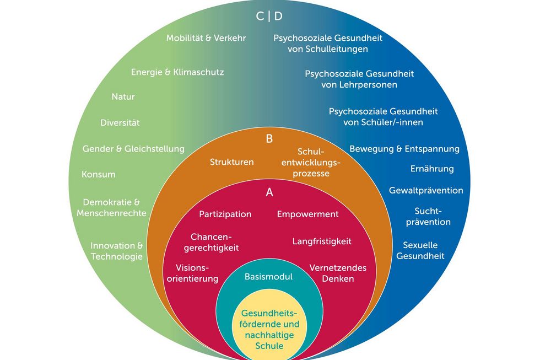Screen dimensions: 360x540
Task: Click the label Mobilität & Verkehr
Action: [206, 38]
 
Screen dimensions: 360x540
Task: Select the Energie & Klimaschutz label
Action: [177, 72]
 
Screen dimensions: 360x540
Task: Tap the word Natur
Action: [123, 96]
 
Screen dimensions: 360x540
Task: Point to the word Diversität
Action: [120, 122]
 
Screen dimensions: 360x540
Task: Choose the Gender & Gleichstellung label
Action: [133, 149]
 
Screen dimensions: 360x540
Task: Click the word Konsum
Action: [98, 174]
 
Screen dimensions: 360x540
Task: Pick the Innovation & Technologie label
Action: [117, 251]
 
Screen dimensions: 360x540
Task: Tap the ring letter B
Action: [269, 139]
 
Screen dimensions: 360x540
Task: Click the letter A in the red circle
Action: [269, 192]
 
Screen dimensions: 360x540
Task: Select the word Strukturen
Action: [231, 162]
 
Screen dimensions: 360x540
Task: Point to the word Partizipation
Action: [225, 214]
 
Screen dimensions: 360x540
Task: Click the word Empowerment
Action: [307, 214]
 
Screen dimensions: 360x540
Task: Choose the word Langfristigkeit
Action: [322, 241]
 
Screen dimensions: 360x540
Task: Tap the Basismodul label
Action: [268, 276]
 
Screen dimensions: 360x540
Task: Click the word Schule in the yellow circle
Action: [269, 346]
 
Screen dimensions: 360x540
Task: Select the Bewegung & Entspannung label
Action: [404, 149]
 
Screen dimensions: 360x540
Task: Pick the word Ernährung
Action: [432, 169]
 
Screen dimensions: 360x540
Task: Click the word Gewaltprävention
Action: [426, 190]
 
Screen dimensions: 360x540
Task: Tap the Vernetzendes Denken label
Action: [338, 273]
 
